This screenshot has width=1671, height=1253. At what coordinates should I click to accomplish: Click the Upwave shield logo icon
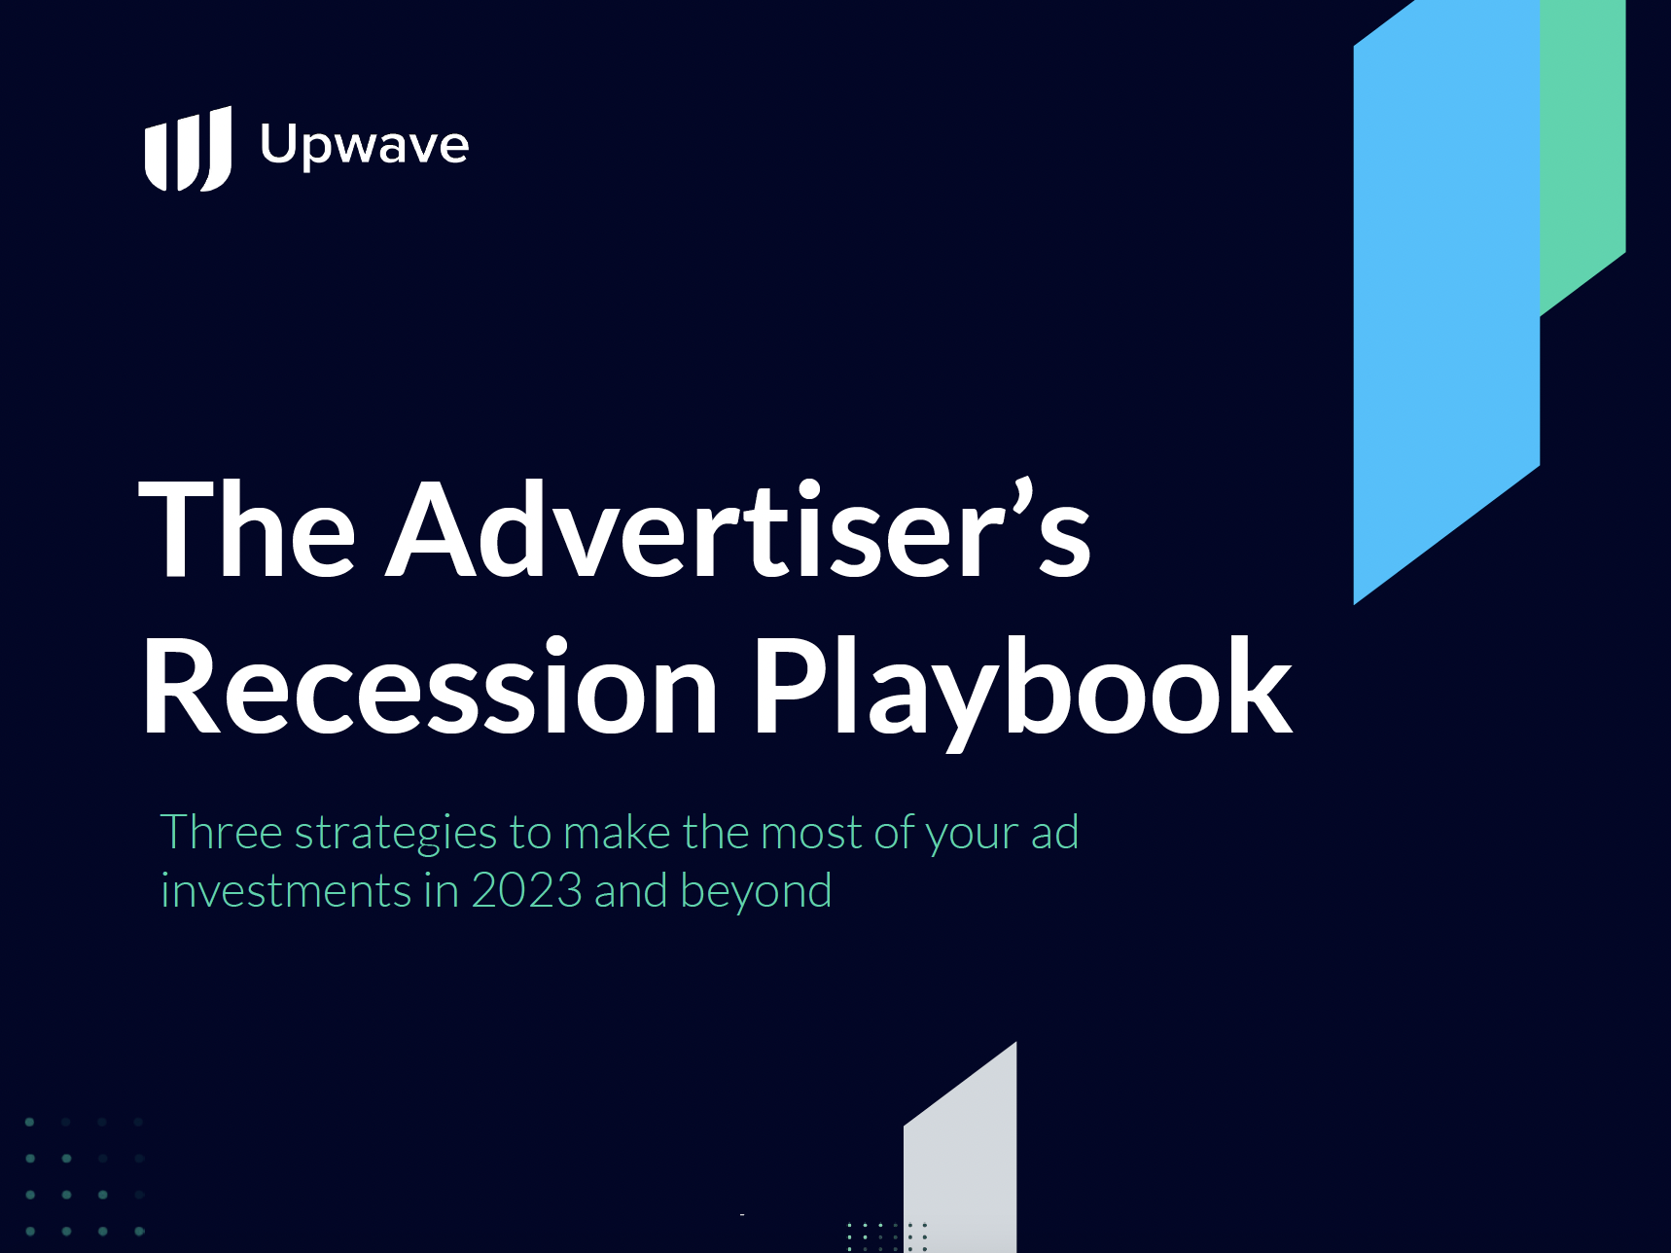point(188,149)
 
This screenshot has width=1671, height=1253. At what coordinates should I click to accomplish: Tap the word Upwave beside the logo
point(365,146)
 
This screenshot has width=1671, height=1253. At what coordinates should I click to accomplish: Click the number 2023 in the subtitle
point(527,891)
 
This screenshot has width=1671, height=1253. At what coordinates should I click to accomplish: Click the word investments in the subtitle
point(286,892)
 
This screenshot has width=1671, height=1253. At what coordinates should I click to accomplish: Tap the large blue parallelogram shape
point(1446,303)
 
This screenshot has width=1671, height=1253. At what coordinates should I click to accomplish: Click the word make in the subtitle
point(617,834)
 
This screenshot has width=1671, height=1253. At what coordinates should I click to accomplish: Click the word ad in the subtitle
point(1054,834)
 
